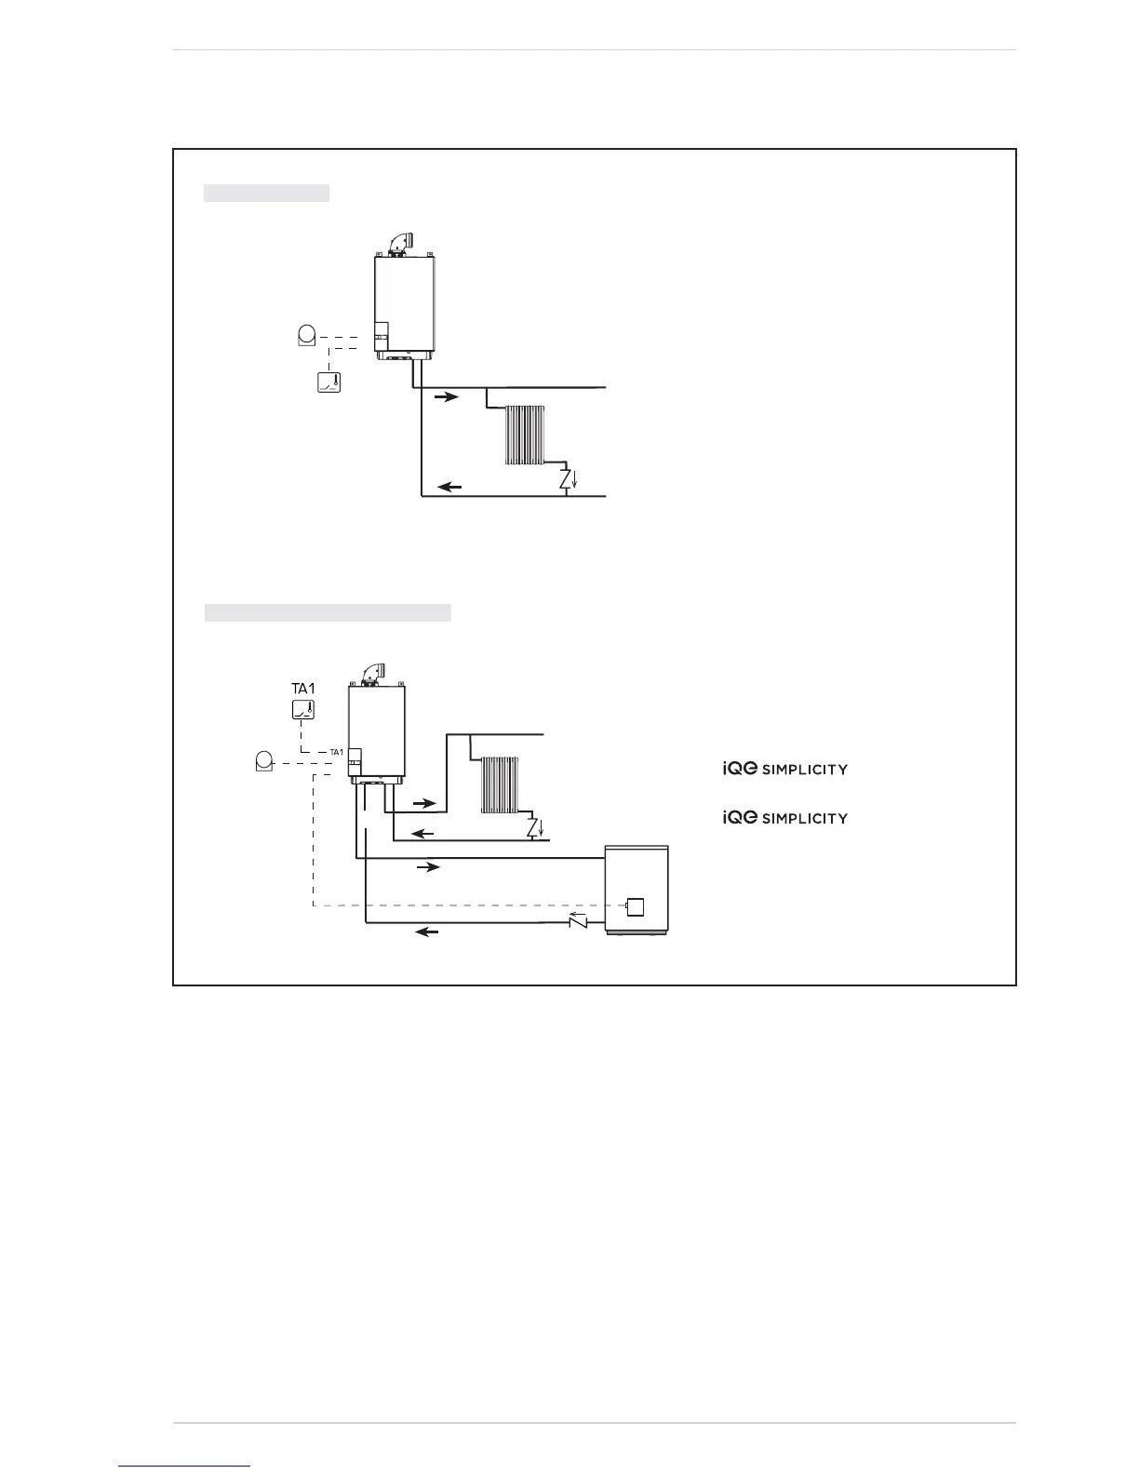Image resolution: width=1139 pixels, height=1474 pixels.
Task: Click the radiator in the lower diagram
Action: coord(498,784)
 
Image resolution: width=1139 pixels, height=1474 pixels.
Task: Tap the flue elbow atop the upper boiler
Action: coord(401,241)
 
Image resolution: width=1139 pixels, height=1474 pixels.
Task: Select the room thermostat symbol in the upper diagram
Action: coord(328,382)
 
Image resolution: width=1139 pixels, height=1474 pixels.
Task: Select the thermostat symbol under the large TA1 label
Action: coord(303,711)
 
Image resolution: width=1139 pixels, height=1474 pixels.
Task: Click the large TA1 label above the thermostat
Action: coord(303,689)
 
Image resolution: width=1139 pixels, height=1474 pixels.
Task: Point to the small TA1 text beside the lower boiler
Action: coord(337,752)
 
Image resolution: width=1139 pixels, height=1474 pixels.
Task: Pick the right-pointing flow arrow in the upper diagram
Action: coord(447,397)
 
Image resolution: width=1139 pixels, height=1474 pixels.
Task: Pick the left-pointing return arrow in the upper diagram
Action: coord(450,486)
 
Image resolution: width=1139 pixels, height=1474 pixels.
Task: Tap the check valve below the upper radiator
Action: coord(566,479)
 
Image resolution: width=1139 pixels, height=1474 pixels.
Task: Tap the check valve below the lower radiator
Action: coord(533,826)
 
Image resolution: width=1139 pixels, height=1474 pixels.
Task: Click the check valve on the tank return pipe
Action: coord(578,922)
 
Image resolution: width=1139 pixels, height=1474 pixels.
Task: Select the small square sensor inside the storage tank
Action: coord(636,906)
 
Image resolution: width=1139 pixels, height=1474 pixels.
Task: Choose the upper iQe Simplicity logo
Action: coord(785,769)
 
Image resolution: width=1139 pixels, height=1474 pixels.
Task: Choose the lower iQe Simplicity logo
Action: coord(785,818)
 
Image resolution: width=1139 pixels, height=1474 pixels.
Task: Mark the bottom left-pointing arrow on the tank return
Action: coord(427,931)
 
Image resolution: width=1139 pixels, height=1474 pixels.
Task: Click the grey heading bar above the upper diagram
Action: coord(266,193)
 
